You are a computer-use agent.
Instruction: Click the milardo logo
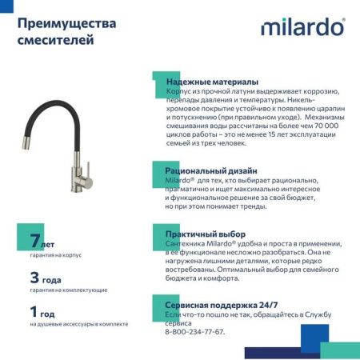coord(303,27)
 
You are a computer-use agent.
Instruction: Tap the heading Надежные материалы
coord(212,82)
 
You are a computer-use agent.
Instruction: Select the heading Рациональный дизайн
coord(211,170)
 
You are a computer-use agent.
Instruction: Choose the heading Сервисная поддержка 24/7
coord(222,305)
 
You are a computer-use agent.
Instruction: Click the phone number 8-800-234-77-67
coord(196,330)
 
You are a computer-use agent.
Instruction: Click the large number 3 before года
coord(34,278)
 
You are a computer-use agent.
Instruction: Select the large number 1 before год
coord(34,312)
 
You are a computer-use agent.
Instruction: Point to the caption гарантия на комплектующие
coord(69,290)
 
